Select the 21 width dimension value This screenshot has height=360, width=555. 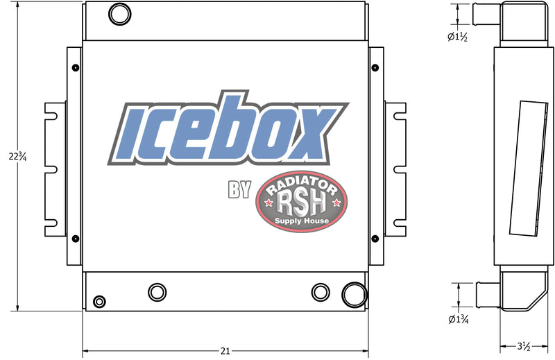tap(225, 351)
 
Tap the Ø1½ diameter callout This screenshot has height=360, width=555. tap(457, 37)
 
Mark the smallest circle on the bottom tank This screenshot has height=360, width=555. tap(99, 301)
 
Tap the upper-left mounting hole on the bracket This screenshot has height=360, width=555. tap(74, 67)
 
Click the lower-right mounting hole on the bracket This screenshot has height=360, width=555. tap(375, 239)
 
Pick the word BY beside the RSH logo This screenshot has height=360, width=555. tap(239, 189)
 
